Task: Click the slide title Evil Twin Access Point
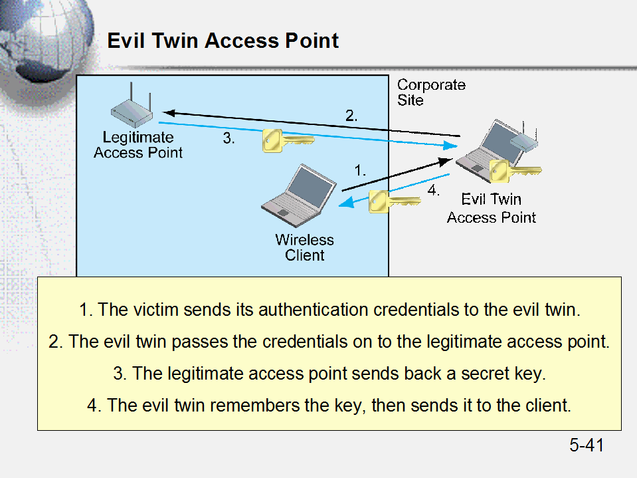[x=223, y=41]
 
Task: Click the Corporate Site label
[x=431, y=92]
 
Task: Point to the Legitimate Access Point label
[x=138, y=145]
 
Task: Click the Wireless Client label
[x=305, y=247]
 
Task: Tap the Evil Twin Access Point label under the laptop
[x=492, y=208]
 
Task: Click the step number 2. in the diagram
[x=351, y=115]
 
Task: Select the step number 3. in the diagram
[x=228, y=139]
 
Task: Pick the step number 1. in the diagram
[x=360, y=170]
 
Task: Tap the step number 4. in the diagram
[x=433, y=190]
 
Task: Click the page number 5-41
[x=587, y=445]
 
